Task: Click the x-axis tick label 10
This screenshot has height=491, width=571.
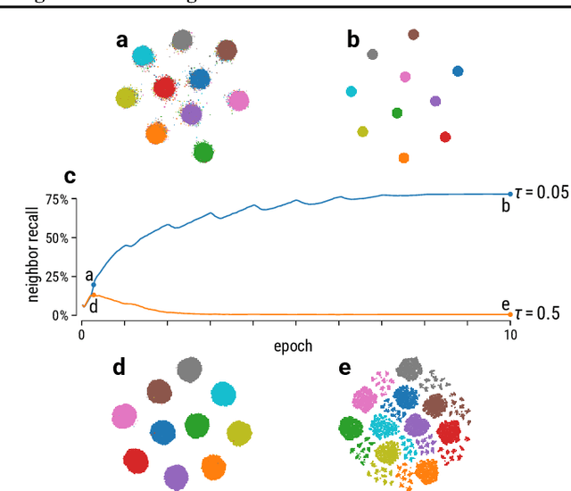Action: [x=509, y=335]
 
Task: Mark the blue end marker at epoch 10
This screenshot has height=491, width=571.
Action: [x=510, y=194]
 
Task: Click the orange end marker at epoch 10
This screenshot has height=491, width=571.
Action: [x=510, y=314]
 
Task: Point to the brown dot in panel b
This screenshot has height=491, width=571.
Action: [x=413, y=35]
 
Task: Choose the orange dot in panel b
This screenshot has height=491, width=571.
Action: [x=403, y=158]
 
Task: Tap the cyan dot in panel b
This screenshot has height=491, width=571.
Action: [x=352, y=91]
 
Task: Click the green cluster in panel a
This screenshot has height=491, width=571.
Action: [x=203, y=152]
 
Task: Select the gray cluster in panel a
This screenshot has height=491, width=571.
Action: [x=182, y=40]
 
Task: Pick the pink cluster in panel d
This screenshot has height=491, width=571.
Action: [x=123, y=416]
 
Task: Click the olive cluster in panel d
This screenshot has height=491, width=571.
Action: [x=238, y=434]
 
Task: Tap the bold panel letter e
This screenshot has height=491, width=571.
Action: [x=344, y=367]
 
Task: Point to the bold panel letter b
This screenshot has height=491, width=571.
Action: [x=353, y=39]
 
